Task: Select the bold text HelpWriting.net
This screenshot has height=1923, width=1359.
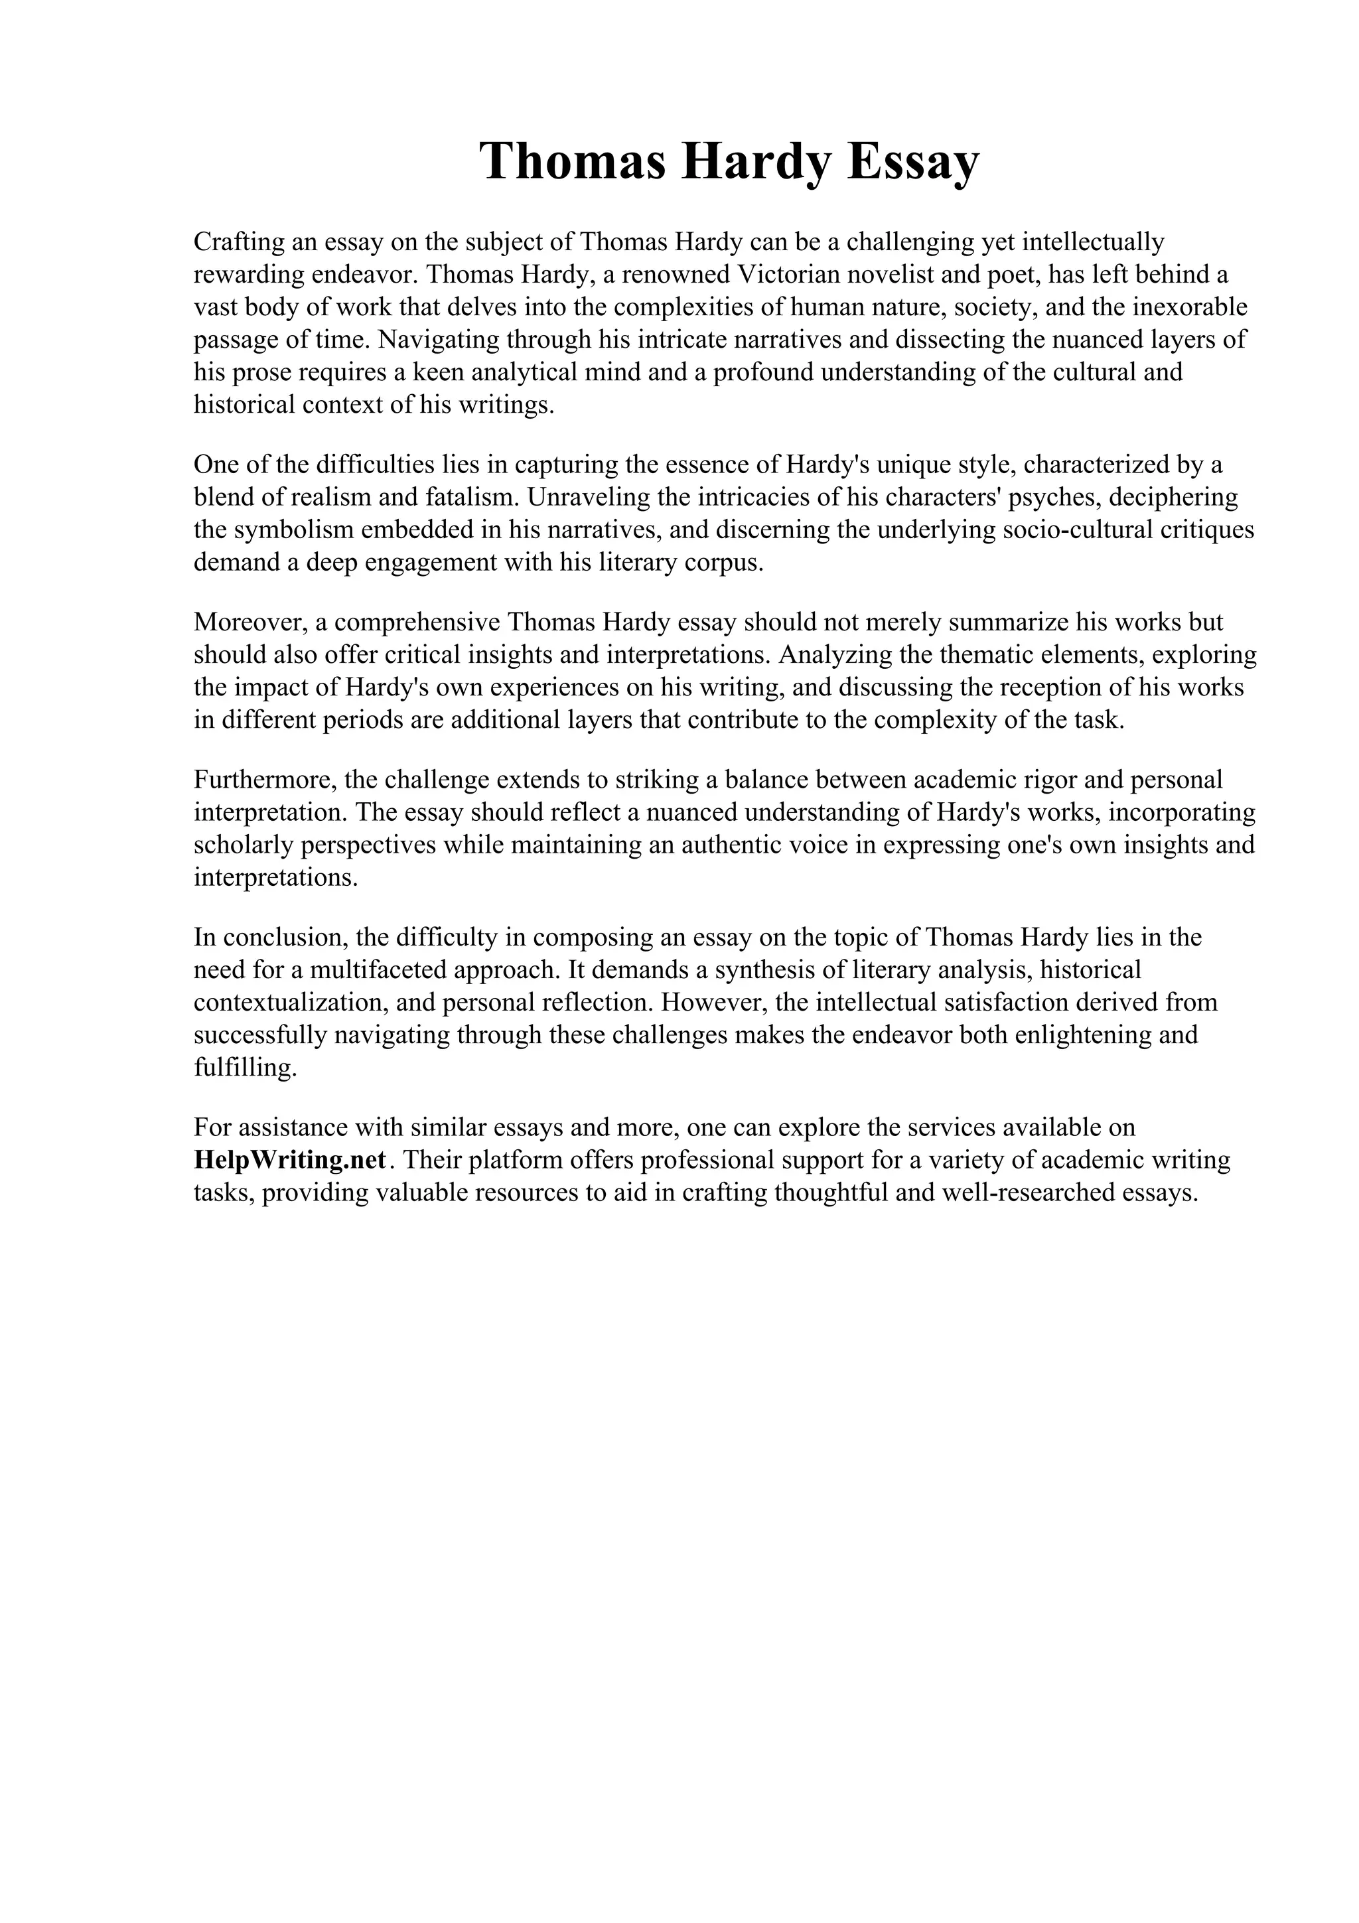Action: [x=290, y=1160]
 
